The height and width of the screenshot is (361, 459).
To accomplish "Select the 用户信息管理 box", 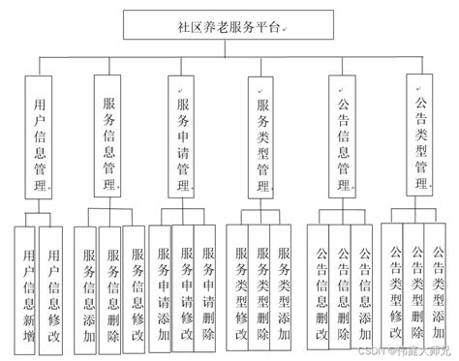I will tap(40, 135).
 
